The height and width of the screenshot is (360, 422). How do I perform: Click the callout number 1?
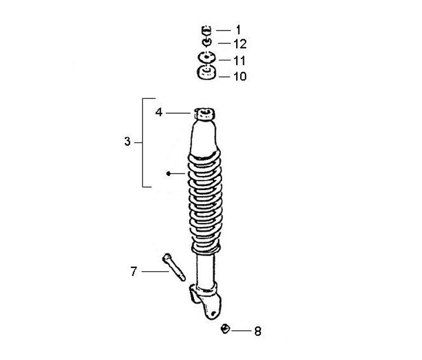coord(238,30)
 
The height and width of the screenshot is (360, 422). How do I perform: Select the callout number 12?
coord(240,44)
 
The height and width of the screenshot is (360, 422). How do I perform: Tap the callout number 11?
coord(239,60)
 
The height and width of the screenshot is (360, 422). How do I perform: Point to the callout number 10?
coord(240,76)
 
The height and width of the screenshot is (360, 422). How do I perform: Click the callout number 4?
coord(159,113)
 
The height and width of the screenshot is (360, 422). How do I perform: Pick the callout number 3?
coord(127,141)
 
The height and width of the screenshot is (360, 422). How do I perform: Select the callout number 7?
coord(134,271)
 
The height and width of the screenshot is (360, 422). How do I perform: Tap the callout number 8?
coord(258,331)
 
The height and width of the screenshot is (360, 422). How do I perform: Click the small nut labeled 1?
coord(206,30)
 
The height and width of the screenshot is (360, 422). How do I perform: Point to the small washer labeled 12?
coord(207,42)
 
